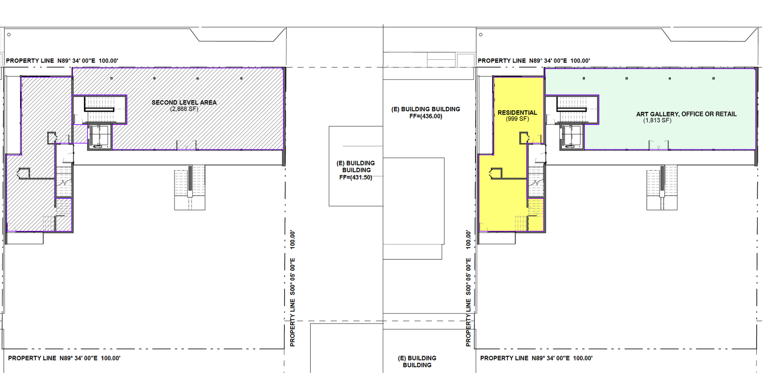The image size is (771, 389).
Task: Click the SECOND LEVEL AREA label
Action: pos(184,103)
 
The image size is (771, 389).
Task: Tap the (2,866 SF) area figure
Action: pos(184,109)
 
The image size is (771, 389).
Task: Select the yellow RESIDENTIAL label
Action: pos(517,113)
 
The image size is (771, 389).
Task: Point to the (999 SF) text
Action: pos(517,119)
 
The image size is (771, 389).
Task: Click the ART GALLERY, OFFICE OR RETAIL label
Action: pos(686,114)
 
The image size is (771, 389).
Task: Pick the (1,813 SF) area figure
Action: pos(657,120)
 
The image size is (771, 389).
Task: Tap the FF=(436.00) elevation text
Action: pos(426,116)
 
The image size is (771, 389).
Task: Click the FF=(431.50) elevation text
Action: pos(355,177)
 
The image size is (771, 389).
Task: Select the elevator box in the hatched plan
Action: pos(100,136)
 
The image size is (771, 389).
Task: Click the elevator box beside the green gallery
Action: pos(572,136)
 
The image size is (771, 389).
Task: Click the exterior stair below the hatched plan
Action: pos(190,188)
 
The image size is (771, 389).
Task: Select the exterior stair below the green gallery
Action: pos(662,188)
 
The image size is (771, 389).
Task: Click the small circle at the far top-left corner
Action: pos(9,35)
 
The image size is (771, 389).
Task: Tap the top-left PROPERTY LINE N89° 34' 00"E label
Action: pos(62,61)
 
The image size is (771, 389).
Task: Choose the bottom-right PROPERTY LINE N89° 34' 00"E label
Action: pos(536,358)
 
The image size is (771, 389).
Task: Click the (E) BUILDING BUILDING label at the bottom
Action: pos(417,362)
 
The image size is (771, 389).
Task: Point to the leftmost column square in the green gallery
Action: pos(584,78)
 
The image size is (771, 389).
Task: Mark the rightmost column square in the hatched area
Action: pos(241,78)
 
